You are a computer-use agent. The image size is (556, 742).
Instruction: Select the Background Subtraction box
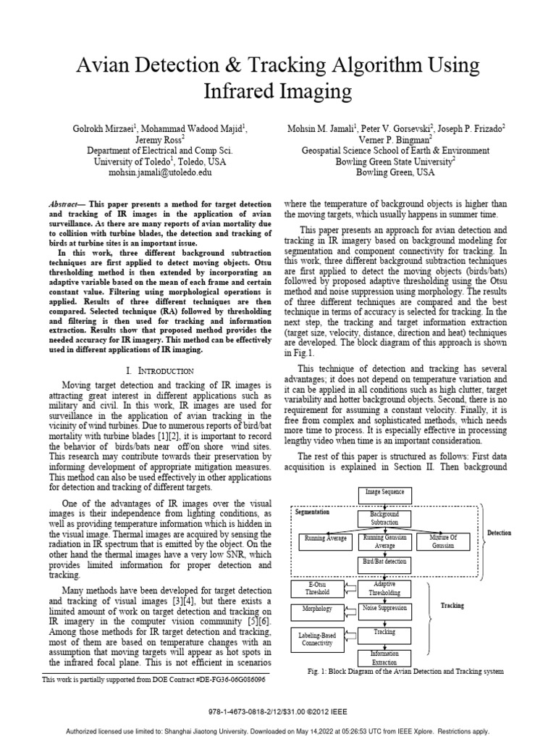point(384,518)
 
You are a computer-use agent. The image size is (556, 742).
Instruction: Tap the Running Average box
point(324,540)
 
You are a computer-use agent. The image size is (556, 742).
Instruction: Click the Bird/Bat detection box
point(384,562)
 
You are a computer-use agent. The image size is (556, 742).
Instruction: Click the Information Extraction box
point(384,658)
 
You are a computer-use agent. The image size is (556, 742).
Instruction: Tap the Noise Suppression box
point(384,609)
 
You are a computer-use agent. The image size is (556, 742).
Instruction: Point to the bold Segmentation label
point(312,512)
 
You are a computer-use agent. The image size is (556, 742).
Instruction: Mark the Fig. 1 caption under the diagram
point(406,672)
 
